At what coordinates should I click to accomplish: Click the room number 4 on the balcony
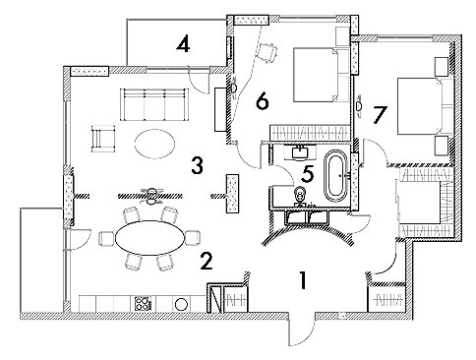point(183,44)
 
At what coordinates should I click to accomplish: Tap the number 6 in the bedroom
point(262,101)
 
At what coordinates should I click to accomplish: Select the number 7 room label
point(380,115)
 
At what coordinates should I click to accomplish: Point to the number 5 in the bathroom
point(308,173)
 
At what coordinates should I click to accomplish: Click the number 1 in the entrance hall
point(304,280)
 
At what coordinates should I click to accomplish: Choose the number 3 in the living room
point(198,165)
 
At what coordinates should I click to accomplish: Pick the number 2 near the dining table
point(207,261)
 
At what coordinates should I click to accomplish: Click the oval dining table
point(149,238)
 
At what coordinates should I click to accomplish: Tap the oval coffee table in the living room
point(154,144)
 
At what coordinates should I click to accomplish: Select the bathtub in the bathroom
point(335,175)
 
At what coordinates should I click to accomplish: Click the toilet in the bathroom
point(300,196)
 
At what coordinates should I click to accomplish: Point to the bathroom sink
point(300,152)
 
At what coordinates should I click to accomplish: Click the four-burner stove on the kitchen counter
point(143,304)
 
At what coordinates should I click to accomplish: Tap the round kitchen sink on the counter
point(181,304)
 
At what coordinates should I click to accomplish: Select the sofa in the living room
point(154,104)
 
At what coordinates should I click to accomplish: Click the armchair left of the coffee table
point(103,139)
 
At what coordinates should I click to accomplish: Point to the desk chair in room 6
point(267,52)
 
